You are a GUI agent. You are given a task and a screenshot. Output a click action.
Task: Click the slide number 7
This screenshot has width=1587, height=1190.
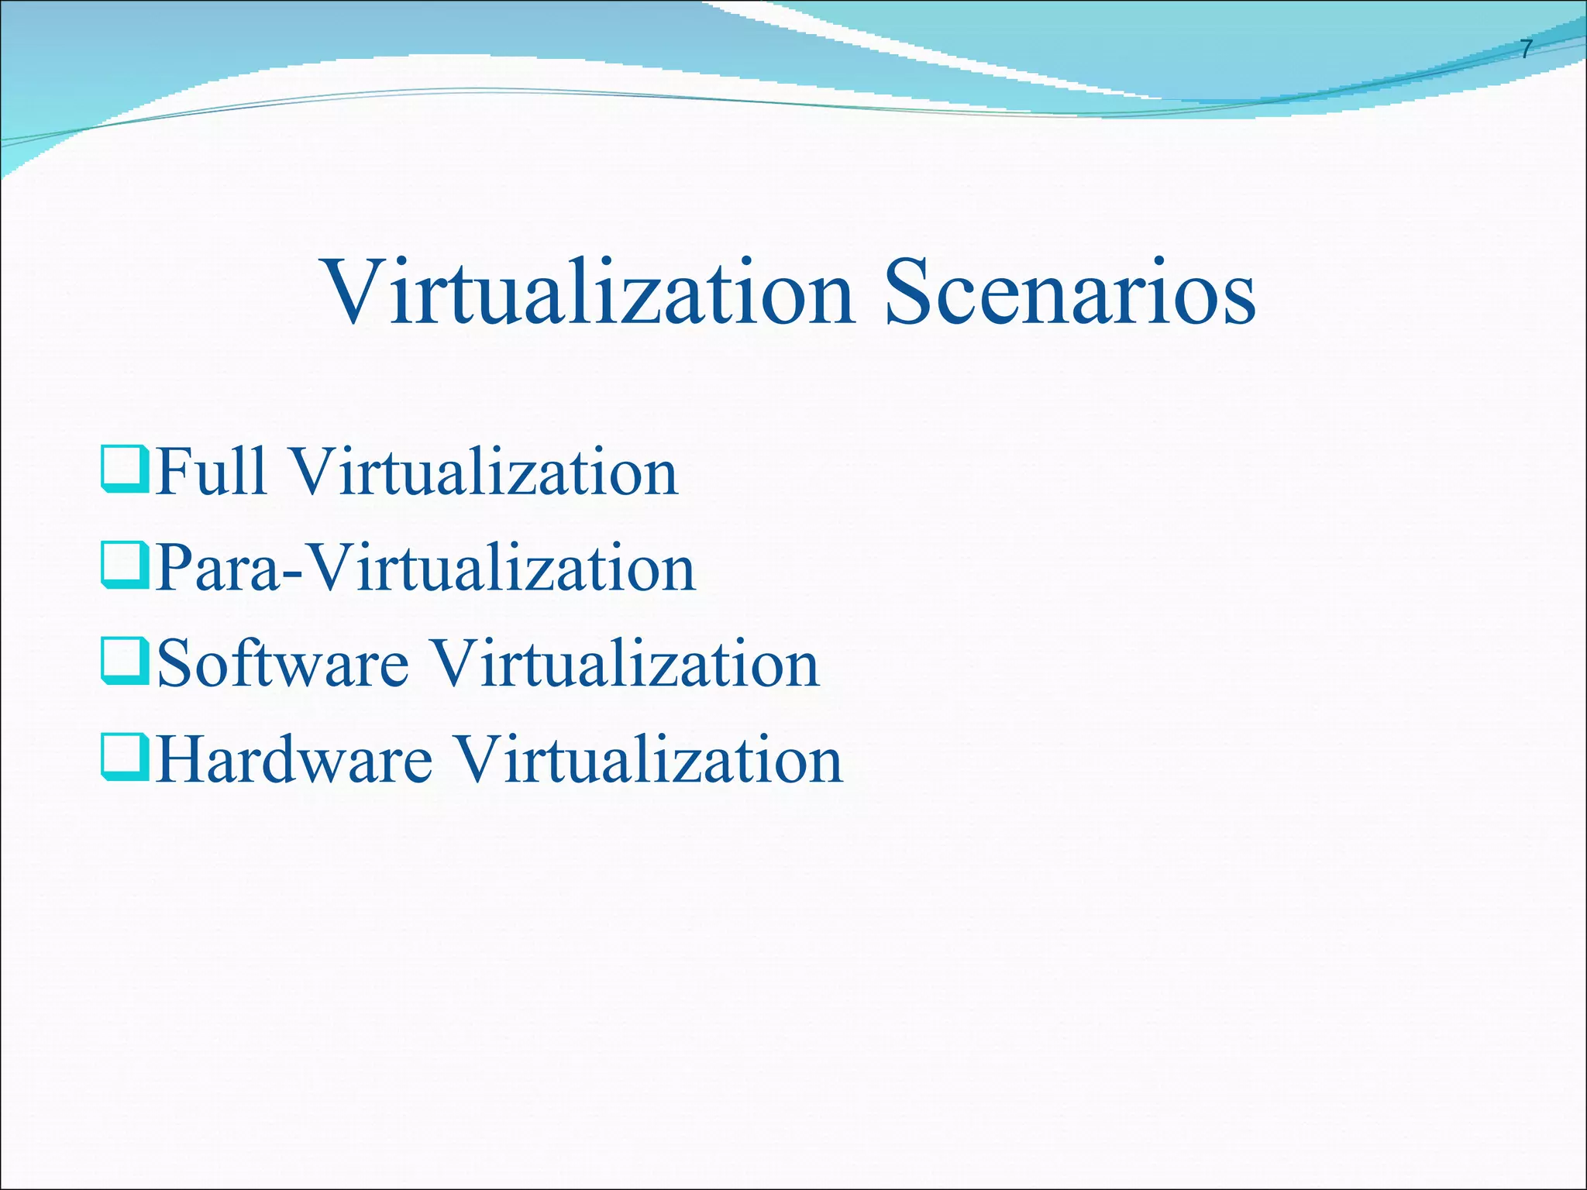coord(1525,50)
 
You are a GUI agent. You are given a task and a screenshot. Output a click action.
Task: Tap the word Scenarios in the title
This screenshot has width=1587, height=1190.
coord(1069,293)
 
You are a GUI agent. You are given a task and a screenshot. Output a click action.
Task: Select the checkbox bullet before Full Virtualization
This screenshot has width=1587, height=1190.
coord(124,470)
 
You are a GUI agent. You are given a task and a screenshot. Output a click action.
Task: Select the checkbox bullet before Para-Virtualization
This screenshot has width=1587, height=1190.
coord(124,566)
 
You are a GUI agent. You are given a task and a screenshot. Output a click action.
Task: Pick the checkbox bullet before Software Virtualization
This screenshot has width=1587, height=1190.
coord(124,662)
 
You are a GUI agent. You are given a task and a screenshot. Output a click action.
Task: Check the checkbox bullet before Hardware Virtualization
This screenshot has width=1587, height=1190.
coord(124,758)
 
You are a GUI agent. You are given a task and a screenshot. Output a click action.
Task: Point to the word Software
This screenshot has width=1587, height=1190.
coord(282,663)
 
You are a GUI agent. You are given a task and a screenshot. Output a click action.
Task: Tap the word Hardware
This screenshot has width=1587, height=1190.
coord(294,759)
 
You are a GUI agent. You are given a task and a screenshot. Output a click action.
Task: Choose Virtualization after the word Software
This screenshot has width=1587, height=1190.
coord(625,663)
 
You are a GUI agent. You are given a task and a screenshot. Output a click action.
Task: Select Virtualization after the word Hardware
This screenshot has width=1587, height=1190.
coord(648,759)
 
